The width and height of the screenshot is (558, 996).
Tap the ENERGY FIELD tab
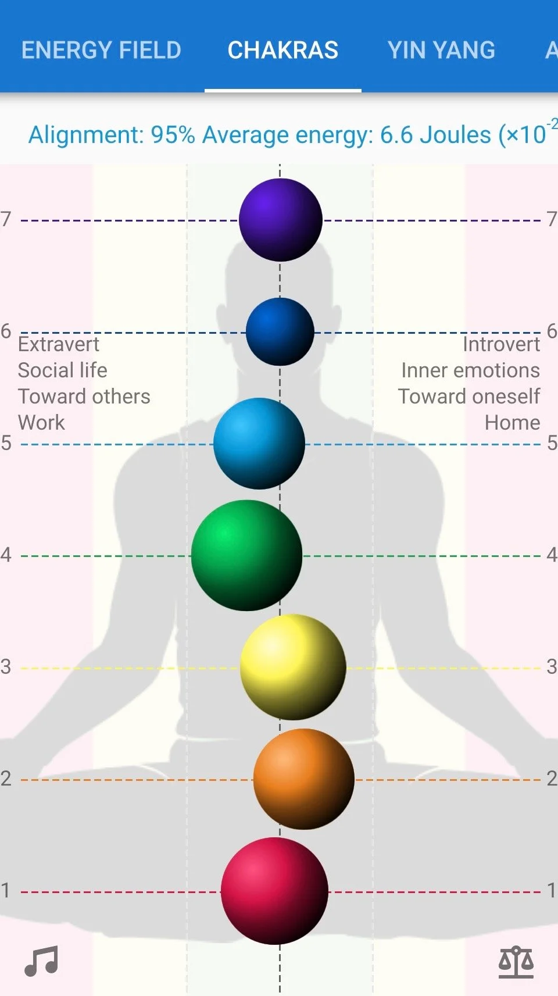[x=101, y=51]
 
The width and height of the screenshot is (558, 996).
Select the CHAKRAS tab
[x=282, y=51]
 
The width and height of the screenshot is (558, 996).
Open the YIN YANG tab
[x=441, y=51]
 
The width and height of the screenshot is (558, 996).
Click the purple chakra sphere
[x=281, y=220]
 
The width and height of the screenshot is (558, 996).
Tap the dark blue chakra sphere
[x=280, y=331]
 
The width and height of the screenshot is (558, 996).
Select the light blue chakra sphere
[x=259, y=444]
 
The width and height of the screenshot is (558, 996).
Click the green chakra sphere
[x=246, y=555]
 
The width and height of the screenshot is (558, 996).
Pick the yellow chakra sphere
[x=293, y=667]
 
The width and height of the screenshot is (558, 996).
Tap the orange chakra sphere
[x=303, y=779]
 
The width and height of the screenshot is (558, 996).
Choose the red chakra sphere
[x=274, y=891]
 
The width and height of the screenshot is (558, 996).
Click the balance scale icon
[x=516, y=962]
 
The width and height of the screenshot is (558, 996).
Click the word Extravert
[x=59, y=344]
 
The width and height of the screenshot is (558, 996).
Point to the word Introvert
[x=501, y=344]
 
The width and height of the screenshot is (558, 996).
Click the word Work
[x=41, y=423]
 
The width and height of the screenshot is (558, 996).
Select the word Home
[x=512, y=423]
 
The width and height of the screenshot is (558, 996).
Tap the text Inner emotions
[x=470, y=370]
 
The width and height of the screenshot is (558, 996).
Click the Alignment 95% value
[x=173, y=135]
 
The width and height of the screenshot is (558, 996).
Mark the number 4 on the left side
[x=6, y=555]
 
